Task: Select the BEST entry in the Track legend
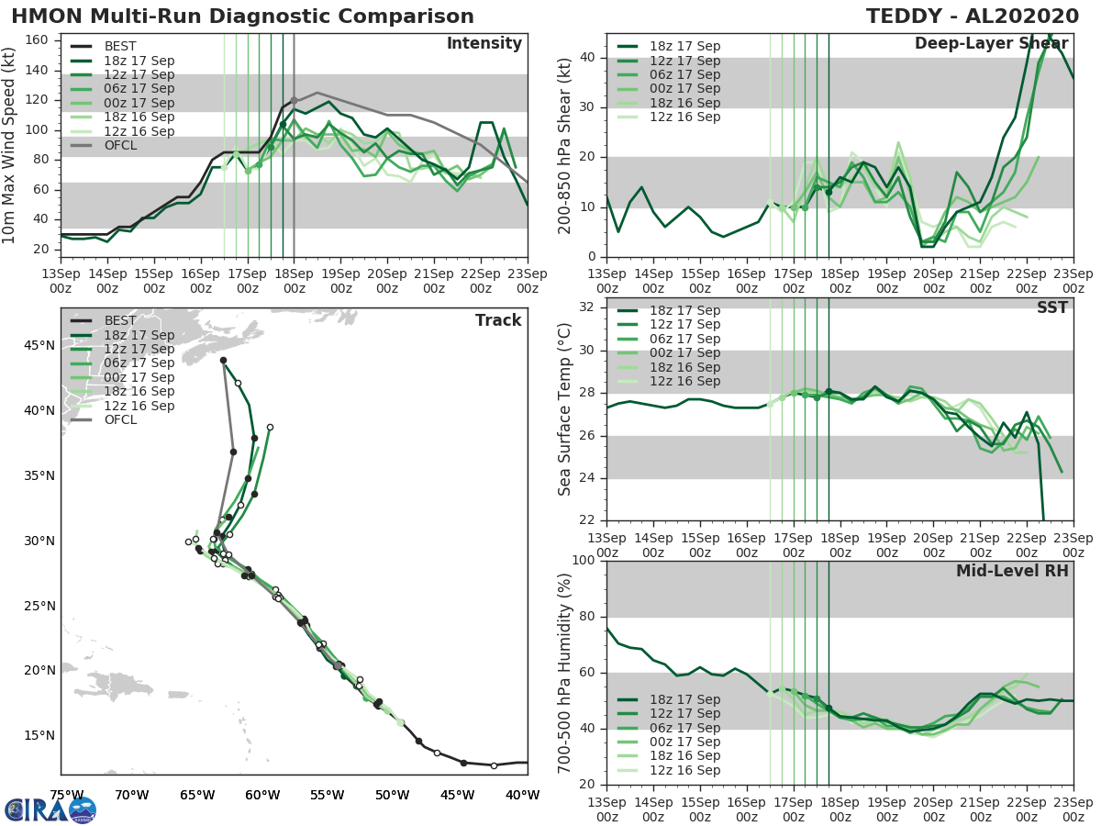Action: pos(119,320)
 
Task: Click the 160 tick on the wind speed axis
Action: pos(41,40)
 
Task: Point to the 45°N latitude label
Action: pos(39,345)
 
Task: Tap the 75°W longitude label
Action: pos(67,795)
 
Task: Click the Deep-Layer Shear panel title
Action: pos(991,44)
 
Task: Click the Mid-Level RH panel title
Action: pos(1012,571)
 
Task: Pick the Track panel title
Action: pos(498,320)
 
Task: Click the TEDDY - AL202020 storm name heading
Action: pos(979,17)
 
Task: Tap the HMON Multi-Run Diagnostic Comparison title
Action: pos(242,17)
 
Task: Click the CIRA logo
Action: pos(50,810)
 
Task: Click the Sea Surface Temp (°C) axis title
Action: pos(565,415)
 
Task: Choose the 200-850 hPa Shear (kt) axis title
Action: pos(565,145)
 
